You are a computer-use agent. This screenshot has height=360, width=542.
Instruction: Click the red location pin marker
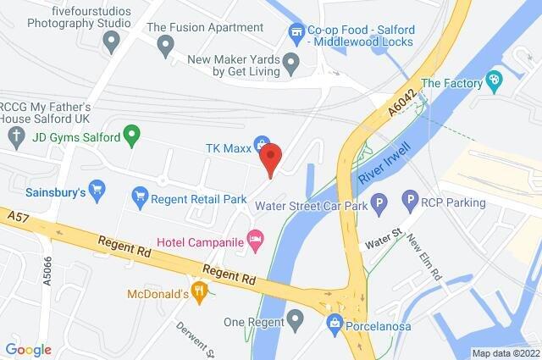270,158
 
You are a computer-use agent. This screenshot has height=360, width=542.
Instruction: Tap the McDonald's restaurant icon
200,292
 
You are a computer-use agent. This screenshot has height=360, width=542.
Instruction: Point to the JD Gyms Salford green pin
131,134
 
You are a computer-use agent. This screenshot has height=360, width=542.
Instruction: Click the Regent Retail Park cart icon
141,198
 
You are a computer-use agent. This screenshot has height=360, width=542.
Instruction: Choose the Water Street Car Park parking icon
380,202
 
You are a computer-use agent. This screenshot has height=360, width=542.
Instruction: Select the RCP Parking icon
411,202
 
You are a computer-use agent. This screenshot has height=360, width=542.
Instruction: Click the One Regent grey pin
295,320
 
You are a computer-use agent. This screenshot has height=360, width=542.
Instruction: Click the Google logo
28,350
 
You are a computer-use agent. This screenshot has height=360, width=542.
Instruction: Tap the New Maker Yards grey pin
291,62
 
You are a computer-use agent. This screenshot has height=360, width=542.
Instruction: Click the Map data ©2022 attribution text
505,353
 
